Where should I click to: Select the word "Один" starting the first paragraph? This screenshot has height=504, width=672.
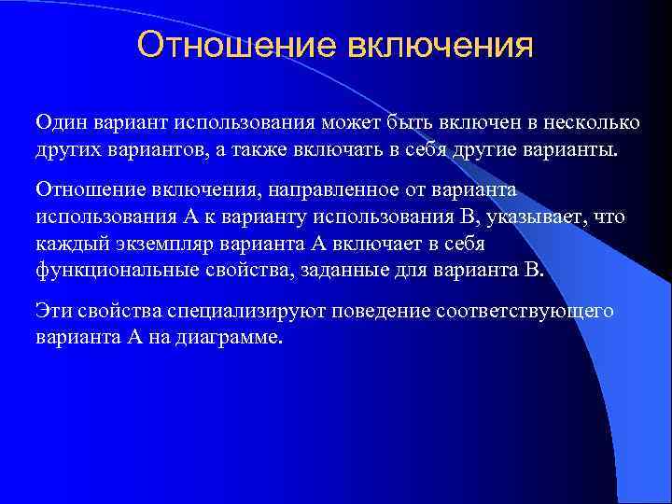[59, 123]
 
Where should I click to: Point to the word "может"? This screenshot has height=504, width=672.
[351, 123]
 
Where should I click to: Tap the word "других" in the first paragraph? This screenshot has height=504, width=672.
[68, 151]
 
